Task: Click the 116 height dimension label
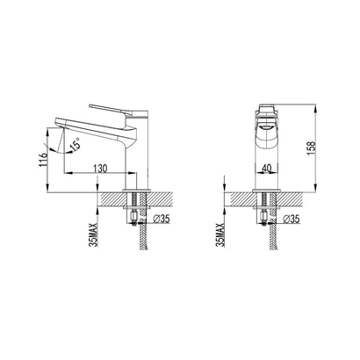(44, 160)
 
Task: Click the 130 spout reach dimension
(100, 169)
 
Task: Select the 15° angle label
(76, 144)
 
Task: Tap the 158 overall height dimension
(311, 148)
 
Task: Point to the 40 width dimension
(266, 168)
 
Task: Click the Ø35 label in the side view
(162, 219)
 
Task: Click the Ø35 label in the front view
(292, 219)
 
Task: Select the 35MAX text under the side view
(94, 234)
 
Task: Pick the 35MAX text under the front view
(220, 234)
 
